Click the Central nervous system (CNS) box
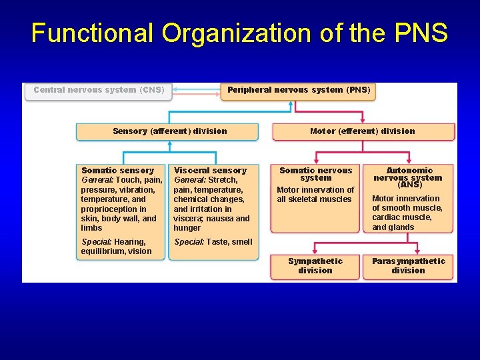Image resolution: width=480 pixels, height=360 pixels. click(x=99, y=90)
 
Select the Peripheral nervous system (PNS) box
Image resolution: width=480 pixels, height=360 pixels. click(x=299, y=90)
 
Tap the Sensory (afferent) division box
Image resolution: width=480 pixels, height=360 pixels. click(x=169, y=131)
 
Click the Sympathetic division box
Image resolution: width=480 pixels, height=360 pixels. click(x=315, y=266)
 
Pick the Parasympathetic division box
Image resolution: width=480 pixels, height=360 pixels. click(x=408, y=266)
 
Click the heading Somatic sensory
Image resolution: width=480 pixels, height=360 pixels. click(x=117, y=171)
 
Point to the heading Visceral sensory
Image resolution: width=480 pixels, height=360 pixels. click(x=210, y=171)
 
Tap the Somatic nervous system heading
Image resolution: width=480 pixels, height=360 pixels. click(x=315, y=174)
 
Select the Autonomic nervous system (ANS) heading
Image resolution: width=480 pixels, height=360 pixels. click(x=408, y=177)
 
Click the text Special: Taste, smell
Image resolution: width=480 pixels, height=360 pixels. click(x=213, y=242)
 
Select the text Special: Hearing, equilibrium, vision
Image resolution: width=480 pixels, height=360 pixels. click(x=116, y=247)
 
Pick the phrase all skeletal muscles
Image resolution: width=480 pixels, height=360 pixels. click(x=314, y=199)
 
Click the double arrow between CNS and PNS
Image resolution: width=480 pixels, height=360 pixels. click(x=193, y=90)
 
